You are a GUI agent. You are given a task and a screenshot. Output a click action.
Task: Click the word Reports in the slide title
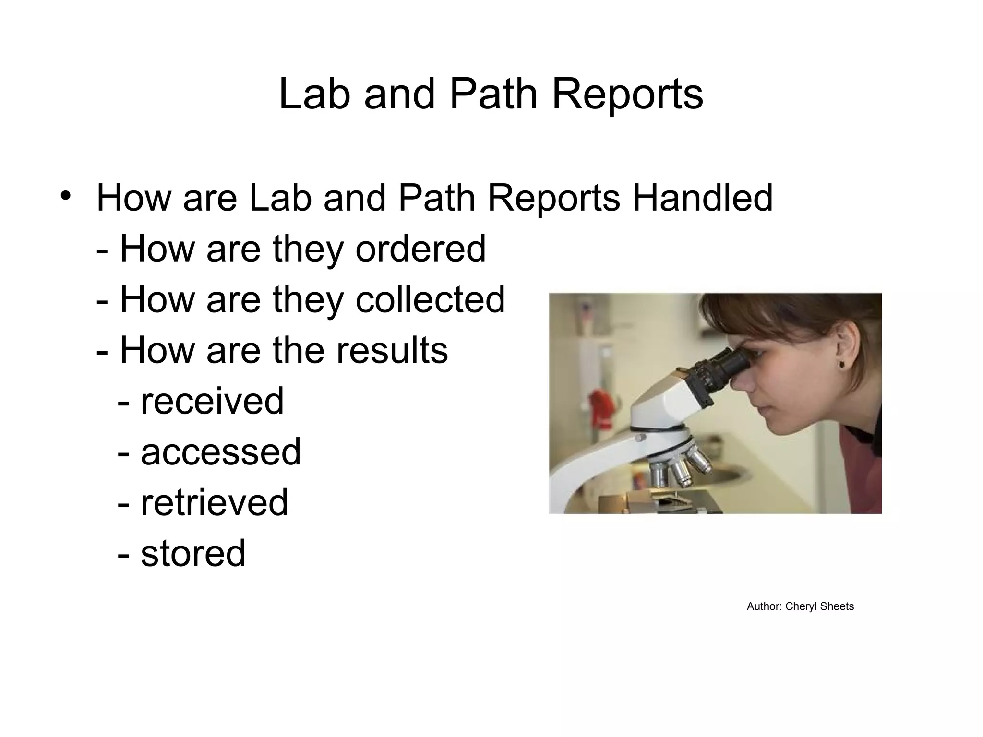(627, 95)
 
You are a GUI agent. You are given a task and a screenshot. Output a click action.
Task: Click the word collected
(430, 299)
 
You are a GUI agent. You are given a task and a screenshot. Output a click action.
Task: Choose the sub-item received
(212, 401)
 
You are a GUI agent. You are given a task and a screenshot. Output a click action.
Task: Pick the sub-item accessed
(221, 452)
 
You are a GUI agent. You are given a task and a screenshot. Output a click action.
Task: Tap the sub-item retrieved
(214, 503)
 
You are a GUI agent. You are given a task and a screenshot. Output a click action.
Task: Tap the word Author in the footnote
(764, 606)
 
